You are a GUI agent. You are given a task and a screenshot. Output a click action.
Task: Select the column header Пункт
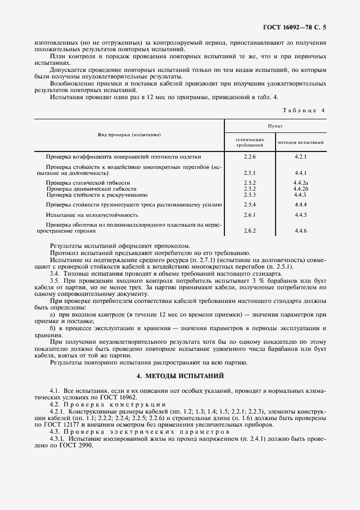point(275,125)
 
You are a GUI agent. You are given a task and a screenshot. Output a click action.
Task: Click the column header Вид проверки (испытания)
point(129,134)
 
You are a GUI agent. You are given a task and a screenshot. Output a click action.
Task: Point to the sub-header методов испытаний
point(301,143)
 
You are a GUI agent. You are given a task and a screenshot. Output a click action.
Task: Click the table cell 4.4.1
point(301,173)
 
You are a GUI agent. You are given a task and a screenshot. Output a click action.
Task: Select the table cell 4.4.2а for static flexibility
point(301,183)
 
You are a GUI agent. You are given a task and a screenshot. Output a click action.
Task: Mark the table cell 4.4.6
point(301,231)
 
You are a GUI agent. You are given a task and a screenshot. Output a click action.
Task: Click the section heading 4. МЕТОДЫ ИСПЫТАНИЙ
point(180,376)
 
